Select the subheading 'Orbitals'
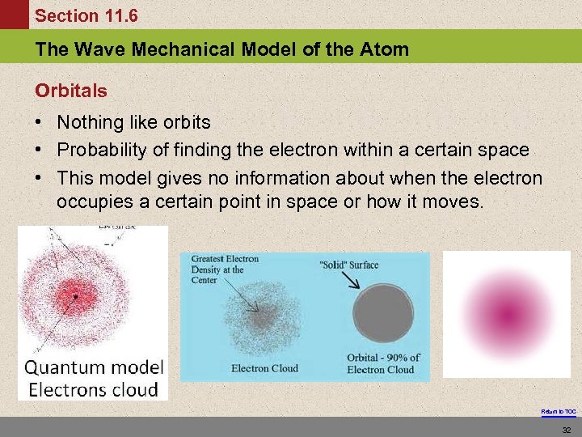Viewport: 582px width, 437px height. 70,91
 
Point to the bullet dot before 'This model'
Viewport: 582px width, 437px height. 39,177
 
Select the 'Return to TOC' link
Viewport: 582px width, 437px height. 559,412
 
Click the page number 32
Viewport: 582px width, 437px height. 566,429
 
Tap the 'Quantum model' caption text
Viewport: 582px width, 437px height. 94,367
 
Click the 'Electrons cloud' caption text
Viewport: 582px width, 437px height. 93,389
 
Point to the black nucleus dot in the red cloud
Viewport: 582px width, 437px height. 75,296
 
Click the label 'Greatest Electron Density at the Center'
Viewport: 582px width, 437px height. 224,269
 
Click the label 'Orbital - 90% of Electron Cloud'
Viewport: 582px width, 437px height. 383,363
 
